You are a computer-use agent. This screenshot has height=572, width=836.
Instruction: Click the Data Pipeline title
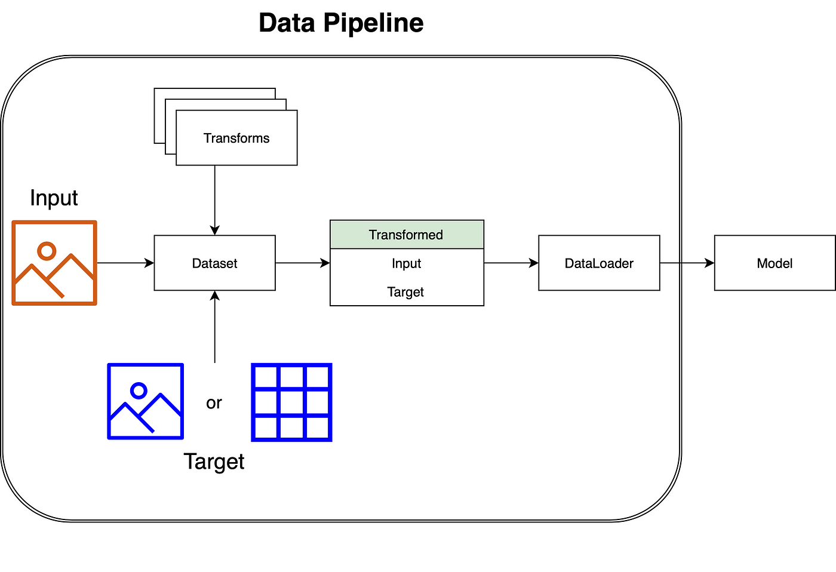tap(341, 23)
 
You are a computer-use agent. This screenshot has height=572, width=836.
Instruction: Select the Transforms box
tap(236, 138)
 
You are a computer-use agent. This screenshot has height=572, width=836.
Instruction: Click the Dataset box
tap(214, 263)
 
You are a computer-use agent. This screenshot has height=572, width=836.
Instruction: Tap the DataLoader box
tap(599, 263)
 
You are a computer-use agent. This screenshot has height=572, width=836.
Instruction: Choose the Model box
tap(775, 263)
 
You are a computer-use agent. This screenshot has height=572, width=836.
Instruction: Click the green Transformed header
tap(407, 235)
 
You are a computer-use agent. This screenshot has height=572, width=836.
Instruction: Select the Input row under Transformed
tap(407, 263)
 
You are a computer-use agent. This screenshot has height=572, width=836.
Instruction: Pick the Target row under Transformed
tap(407, 292)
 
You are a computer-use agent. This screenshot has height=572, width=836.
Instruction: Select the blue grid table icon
tap(291, 402)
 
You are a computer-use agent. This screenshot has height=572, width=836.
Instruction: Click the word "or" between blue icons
tap(214, 403)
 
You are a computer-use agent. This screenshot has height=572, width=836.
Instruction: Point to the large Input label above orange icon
tap(54, 198)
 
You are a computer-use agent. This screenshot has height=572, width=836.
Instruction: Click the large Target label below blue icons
tap(214, 462)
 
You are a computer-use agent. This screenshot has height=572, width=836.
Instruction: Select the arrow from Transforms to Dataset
tap(214, 201)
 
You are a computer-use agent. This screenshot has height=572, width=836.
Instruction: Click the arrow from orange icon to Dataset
tap(125, 263)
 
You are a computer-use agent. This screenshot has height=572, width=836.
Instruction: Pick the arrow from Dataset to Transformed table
tap(303, 263)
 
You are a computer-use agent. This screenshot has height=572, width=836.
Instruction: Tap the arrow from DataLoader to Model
tap(687, 263)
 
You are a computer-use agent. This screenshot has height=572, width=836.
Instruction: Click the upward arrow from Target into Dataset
tap(214, 327)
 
